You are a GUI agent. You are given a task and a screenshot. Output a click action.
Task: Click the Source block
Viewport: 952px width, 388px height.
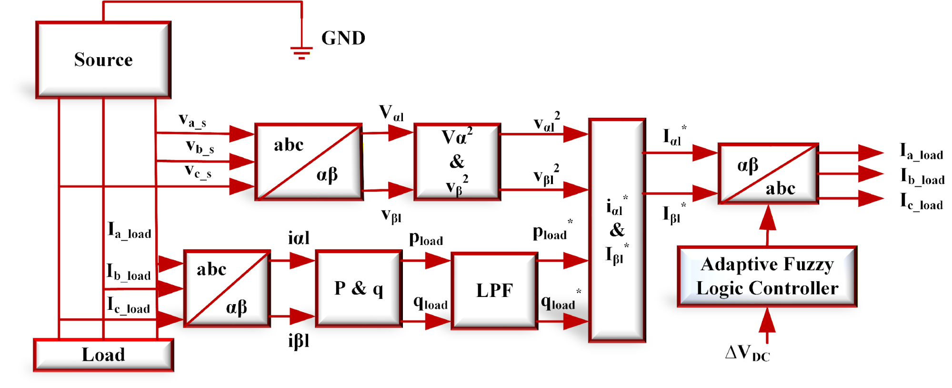pos(103,60)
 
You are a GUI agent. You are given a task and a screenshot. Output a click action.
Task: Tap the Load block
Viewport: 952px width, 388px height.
pos(103,355)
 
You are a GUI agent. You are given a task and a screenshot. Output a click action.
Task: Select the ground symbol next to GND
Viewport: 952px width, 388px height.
pos(301,51)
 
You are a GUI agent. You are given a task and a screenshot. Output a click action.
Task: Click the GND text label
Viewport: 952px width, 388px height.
pos(343,38)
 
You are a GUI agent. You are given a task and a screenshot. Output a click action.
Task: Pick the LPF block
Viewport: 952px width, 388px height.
pos(494,291)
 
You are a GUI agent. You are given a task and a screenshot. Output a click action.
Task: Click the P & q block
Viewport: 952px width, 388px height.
pos(359,288)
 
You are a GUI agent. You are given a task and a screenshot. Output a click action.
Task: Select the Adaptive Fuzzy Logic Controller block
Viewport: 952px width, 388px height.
pos(767,276)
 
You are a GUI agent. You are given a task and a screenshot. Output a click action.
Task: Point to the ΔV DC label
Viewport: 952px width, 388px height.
pos(747,353)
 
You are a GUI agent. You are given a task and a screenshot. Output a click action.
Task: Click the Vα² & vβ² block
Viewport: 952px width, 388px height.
pos(457,162)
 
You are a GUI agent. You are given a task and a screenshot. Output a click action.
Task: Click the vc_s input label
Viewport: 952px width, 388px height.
pos(198,171)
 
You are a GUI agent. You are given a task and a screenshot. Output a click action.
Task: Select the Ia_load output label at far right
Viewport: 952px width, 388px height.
pos(921,152)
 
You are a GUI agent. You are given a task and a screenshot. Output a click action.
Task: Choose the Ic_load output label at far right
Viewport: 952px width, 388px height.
pos(921,202)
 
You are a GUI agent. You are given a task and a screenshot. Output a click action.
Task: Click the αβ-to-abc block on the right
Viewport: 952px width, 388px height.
pos(768,174)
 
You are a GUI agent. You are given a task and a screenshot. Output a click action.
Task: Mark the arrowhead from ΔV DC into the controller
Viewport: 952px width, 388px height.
pos(767,320)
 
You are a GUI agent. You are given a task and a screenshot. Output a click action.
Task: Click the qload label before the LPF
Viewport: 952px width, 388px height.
pos(431,303)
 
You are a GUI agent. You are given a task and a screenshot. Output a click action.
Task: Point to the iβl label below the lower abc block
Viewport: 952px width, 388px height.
pos(299,341)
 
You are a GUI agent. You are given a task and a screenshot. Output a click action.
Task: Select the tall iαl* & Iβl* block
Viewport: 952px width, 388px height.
pos(617,230)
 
